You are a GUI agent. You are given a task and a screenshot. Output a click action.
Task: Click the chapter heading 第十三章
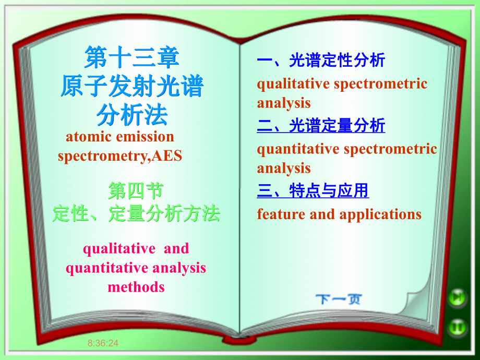(x=131, y=57)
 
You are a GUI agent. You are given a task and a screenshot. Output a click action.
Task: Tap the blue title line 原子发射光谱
(x=132, y=86)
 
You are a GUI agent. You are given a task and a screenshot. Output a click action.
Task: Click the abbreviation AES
(x=167, y=155)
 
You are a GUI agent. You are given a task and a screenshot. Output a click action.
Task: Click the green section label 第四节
(x=136, y=191)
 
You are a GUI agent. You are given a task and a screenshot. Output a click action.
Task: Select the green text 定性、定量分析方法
(x=136, y=213)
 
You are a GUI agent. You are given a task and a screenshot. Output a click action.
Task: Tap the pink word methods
(x=136, y=287)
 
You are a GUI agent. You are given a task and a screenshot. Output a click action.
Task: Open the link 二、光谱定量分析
(x=321, y=125)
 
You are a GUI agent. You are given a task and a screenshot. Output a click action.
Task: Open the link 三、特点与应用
(x=313, y=190)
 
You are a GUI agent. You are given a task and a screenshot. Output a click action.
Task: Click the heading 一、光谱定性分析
(x=321, y=60)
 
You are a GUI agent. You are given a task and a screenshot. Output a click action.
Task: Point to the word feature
(x=281, y=214)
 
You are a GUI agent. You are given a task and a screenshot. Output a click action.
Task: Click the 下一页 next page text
(x=339, y=299)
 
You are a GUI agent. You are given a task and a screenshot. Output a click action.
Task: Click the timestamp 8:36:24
(x=103, y=343)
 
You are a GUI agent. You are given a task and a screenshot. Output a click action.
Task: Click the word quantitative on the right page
(x=298, y=150)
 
